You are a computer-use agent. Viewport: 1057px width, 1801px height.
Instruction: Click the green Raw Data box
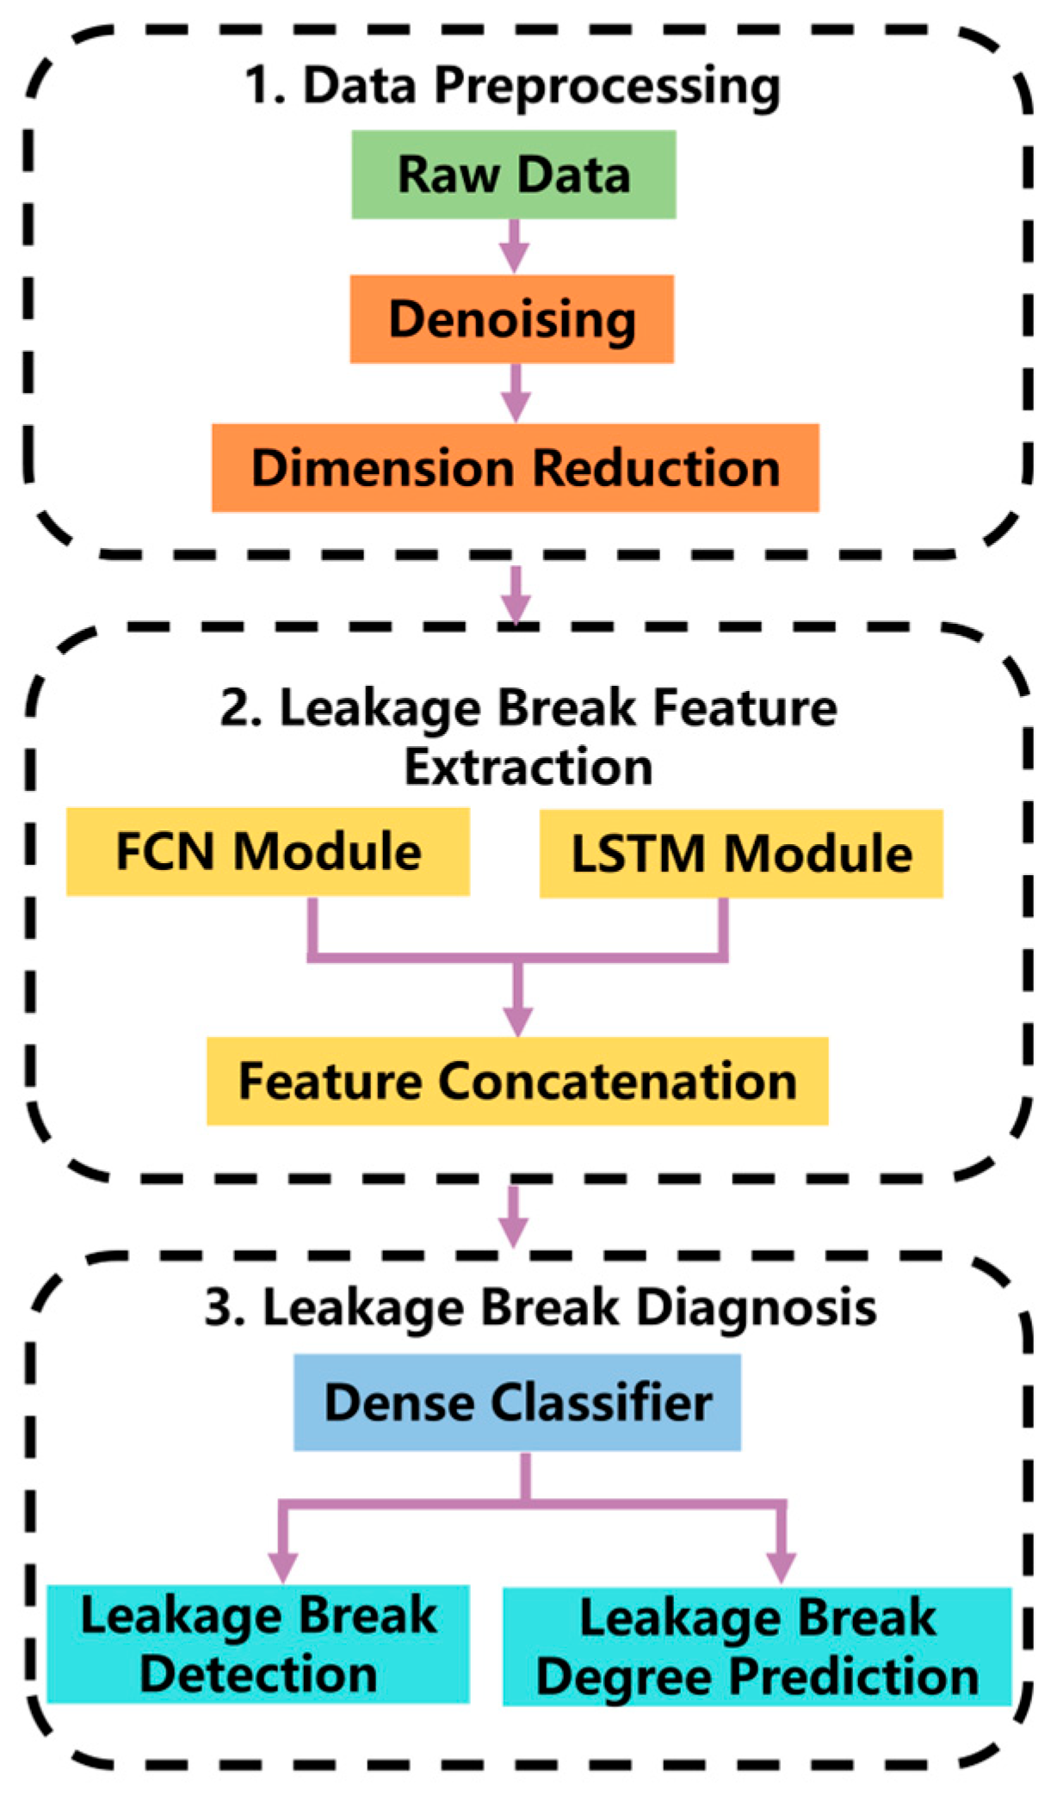[513, 175]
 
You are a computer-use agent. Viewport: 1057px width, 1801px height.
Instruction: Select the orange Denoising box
[511, 319]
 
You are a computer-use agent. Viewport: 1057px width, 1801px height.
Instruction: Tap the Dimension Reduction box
[515, 468]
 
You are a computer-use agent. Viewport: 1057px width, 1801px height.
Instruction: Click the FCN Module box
[268, 852]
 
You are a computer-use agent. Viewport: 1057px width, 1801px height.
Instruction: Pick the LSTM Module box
[740, 854]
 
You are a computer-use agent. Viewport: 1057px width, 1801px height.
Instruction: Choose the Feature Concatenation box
[516, 1081]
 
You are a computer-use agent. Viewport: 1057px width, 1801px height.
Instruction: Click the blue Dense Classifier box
[516, 1403]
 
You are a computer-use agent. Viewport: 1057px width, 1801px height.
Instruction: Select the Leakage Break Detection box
[257, 1644]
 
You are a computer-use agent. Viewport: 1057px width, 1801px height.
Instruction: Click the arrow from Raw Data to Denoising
[514, 247]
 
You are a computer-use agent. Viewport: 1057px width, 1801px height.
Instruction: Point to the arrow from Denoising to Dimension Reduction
[515, 393]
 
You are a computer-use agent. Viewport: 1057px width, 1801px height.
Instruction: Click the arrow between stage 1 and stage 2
[516, 595]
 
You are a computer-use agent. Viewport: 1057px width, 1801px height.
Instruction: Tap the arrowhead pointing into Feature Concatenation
[517, 1021]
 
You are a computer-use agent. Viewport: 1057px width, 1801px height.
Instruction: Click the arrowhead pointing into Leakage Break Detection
[282, 1567]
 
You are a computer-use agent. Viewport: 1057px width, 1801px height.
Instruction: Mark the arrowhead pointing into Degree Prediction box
[781, 1567]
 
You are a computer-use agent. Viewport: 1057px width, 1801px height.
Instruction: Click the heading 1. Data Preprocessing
[513, 86]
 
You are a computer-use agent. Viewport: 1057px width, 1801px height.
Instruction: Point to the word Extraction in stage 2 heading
[528, 767]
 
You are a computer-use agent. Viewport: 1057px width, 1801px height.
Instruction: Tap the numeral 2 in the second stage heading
[234, 709]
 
